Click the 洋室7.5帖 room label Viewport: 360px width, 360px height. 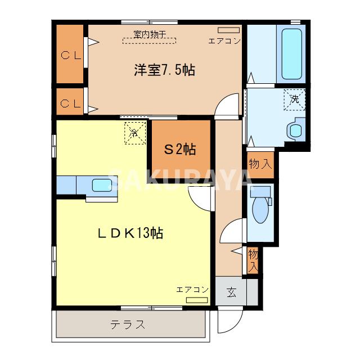[x=164, y=71]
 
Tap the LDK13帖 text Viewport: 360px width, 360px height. [x=133, y=233]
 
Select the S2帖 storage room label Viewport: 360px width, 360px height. [x=179, y=150]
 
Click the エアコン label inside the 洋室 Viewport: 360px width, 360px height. [x=224, y=41]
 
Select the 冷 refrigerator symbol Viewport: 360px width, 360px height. [x=134, y=133]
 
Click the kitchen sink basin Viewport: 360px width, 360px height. [x=101, y=184]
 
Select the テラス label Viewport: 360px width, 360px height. [x=128, y=325]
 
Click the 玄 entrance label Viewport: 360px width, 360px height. [x=231, y=292]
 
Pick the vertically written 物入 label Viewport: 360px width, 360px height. [x=253, y=259]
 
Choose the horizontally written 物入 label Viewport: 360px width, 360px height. [x=260, y=164]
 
